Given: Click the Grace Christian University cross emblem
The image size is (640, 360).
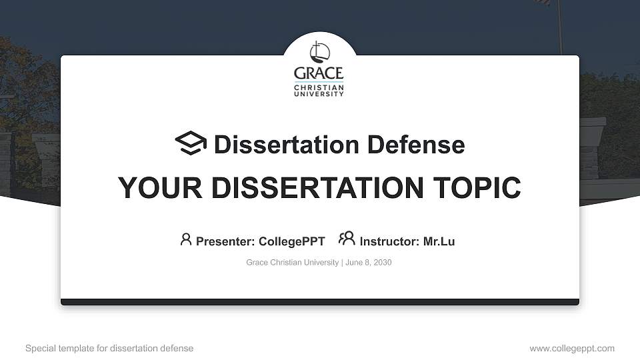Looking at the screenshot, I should (319, 53).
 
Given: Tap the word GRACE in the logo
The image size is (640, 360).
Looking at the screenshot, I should (319, 73).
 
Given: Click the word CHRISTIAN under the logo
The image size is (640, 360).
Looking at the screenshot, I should (319, 87).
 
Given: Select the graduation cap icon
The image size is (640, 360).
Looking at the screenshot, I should (191, 143).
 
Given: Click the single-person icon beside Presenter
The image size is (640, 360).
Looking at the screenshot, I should (186, 239).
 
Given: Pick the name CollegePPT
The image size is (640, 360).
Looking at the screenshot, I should (291, 241).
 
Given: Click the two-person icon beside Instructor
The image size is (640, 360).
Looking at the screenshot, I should (347, 239).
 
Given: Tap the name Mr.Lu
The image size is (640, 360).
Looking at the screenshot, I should (439, 241).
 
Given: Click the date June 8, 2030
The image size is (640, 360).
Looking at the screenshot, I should (368, 263).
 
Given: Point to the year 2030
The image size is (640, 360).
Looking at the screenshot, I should (383, 263).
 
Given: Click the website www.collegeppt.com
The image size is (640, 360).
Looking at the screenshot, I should (572, 349).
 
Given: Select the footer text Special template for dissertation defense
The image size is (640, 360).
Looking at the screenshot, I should (109, 349).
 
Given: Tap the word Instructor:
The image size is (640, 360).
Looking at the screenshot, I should (389, 241).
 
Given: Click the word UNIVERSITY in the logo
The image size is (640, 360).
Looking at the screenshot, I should (319, 94).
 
